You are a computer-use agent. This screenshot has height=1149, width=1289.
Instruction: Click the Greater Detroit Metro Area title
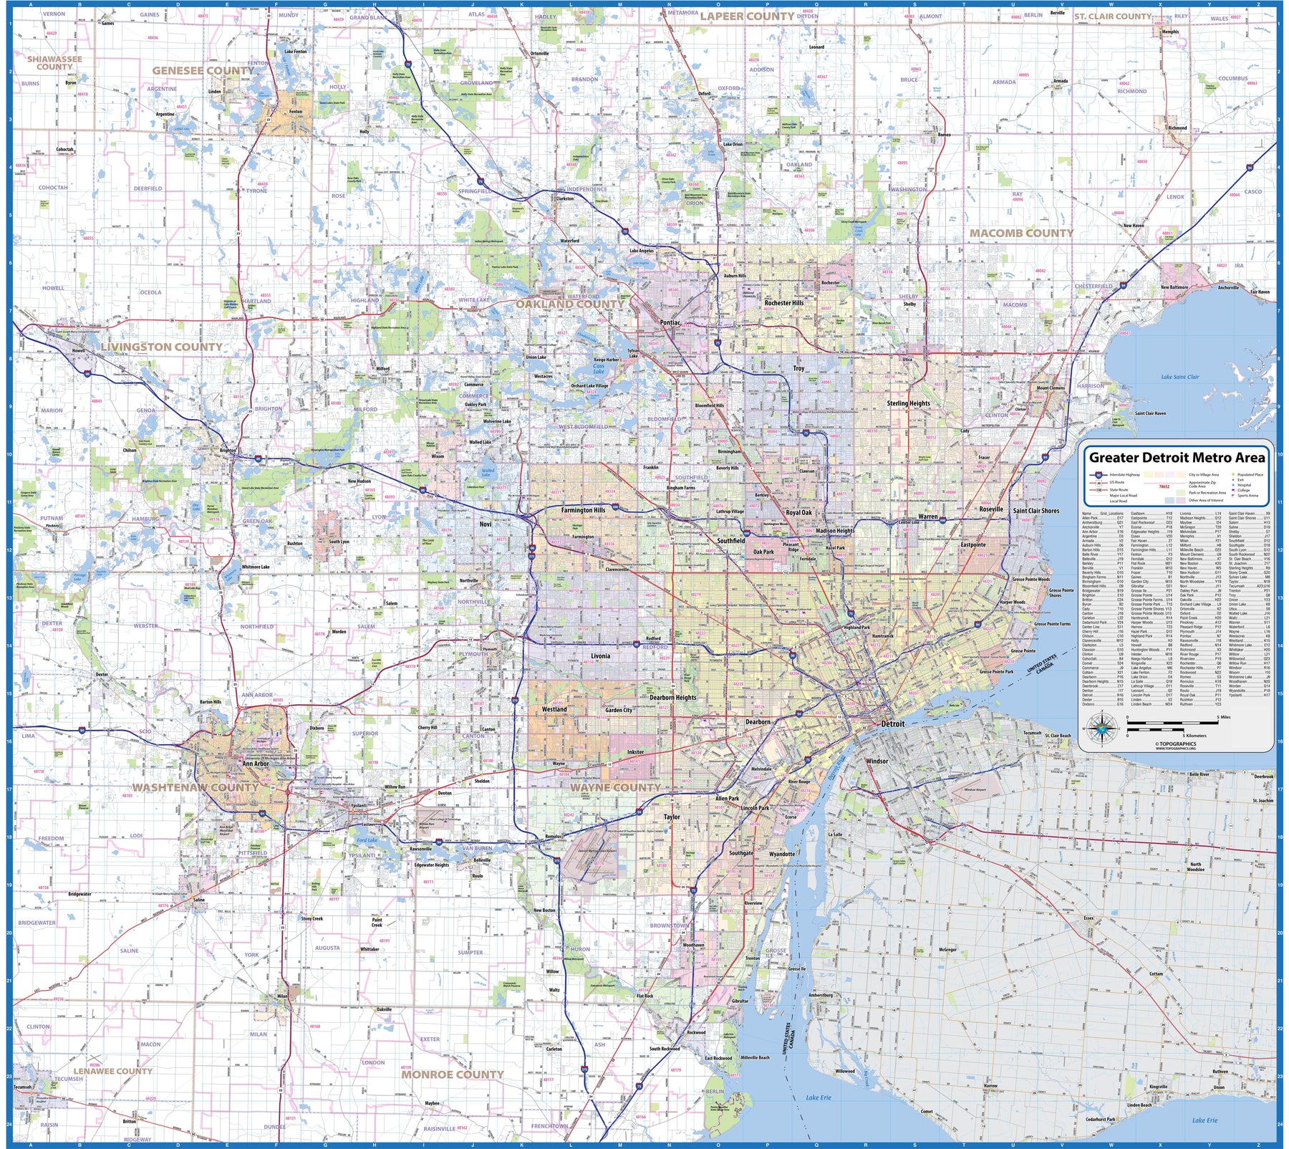(x=1177, y=458)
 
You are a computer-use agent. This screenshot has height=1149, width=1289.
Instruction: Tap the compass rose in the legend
(x=1104, y=730)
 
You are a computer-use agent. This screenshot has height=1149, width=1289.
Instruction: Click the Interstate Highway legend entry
(x=1124, y=475)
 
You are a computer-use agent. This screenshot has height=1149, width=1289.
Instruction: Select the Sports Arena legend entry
(x=1247, y=496)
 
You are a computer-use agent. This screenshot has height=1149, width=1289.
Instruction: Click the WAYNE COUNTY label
(x=615, y=787)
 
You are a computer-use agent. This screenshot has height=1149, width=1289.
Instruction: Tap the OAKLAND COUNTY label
(x=570, y=304)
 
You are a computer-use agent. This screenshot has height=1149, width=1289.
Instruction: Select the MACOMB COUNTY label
(x=1021, y=234)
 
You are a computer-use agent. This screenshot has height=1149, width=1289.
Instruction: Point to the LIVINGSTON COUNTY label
(x=161, y=347)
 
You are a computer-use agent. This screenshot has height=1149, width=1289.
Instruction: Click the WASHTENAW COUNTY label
(x=195, y=787)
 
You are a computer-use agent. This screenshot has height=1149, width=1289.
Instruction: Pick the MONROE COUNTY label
(x=453, y=1075)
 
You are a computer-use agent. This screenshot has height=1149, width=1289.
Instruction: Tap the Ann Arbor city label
(x=256, y=764)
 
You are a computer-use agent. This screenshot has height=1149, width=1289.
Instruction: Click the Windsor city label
(x=877, y=761)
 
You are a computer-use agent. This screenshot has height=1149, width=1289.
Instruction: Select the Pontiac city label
(x=670, y=323)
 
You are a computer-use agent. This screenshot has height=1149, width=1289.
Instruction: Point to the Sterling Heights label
(x=908, y=403)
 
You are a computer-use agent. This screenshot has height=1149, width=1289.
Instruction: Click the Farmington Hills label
(x=583, y=511)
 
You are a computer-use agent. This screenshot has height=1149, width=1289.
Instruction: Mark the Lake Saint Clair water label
(x=1180, y=377)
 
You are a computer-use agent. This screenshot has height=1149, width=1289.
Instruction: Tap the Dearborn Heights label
(x=672, y=697)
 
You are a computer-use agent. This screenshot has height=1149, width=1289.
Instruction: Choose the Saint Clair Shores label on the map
(x=1035, y=511)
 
